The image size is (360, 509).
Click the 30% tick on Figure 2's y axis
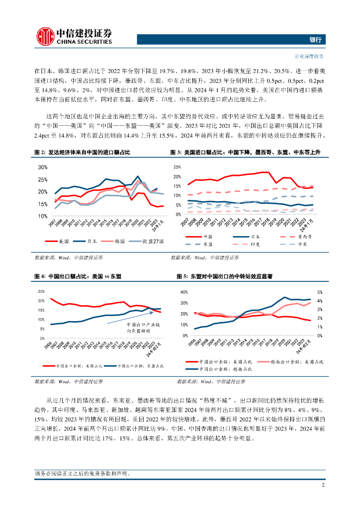coord(41,167)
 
